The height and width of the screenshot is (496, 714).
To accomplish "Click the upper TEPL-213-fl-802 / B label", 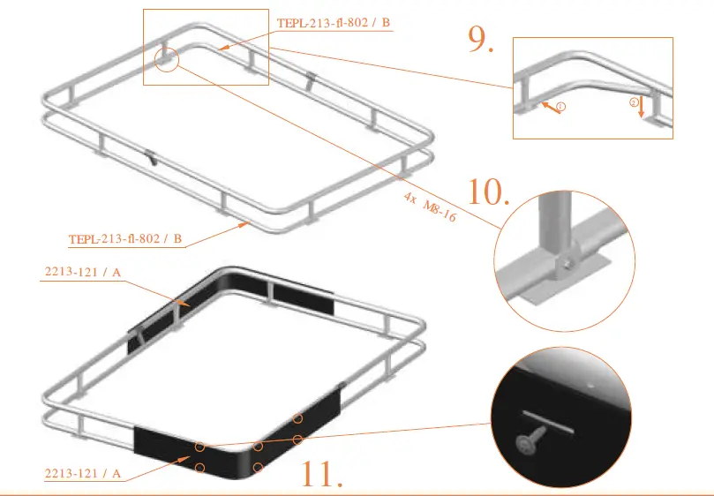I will pos(333,24).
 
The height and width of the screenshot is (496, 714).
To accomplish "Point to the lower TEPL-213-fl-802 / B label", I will pos(125,239).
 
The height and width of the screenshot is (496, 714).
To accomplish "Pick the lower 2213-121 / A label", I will pos(83,474).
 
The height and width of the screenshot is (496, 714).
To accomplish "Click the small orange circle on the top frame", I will pos(166,59).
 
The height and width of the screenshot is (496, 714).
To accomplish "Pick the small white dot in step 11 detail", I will pos(589,385).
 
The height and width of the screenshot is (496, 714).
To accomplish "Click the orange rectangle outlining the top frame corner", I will pos(206,48).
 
